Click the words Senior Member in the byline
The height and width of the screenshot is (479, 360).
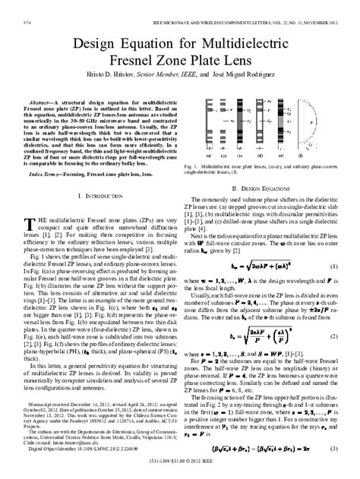[119, 83]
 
